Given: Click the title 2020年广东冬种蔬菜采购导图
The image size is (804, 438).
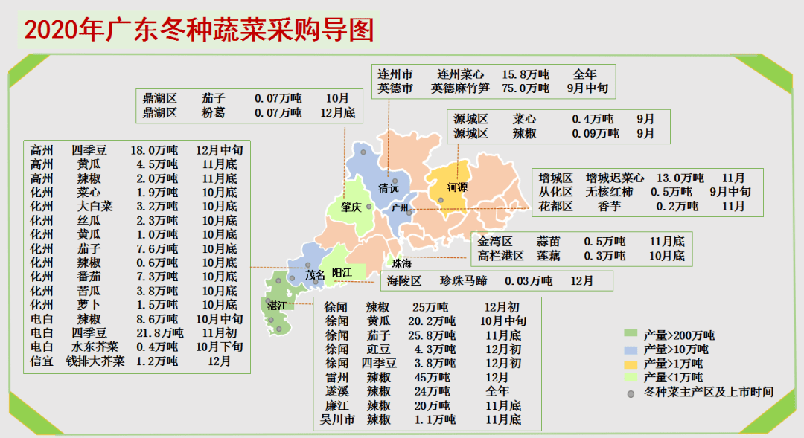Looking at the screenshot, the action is pyautogui.click(x=199, y=30).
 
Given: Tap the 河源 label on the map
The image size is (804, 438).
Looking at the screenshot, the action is pyautogui.click(x=457, y=187).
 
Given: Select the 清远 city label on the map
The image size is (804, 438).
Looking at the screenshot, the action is pyautogui.click(x=389, y=188).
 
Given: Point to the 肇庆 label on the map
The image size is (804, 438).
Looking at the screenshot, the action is pyautogui.click(x=351, y=207).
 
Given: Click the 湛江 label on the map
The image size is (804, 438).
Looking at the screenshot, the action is pyautogui.click(x=277, y=306).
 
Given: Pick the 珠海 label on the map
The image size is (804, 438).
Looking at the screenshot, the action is pyautogui.click(x=402, y=264).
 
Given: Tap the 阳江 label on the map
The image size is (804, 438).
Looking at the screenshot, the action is pyautogui.click(x=342, y=272).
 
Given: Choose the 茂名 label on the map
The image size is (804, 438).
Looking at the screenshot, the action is pyautogui.click(x=315, y=275).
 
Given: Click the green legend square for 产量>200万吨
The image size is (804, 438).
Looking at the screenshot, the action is pyautogui.click(x=631, y=334).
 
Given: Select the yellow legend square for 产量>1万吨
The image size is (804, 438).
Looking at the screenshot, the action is pyautogui.click(x=631, y=364).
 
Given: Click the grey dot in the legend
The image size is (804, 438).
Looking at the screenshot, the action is pyautogui.click(x=631, y=393).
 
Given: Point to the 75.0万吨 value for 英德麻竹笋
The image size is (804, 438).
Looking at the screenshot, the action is pyautogui.click(x=526, y=88).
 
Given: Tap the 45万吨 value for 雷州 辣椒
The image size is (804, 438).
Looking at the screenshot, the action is pyautogui.click(x=432, y=378).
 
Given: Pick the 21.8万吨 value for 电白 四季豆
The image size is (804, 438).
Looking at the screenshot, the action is pyautogui.click(x=159, y=333).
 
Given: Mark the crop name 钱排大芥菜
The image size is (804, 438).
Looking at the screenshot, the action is pyautogui.click(x=95, y=361).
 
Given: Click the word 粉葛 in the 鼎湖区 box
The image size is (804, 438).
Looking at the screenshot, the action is pyautogui.click(x=212, y=113).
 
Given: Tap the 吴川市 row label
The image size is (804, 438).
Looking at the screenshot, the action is pyautogui.click(x=336, y=420).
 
